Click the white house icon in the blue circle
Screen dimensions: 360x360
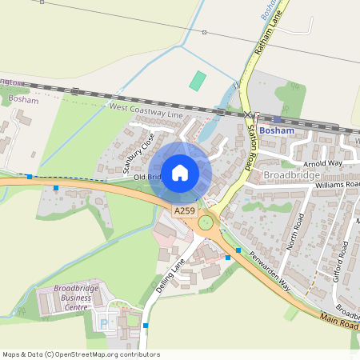click(x=180, y=172)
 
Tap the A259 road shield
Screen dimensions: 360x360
click(x=183, y=211)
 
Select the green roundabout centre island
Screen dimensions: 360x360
click(x=207, y=223)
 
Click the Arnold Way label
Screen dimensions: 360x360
click(x=322, y=162)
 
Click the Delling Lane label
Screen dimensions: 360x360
click(x=170, y=275)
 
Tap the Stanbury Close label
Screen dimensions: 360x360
click(x=138, y=152)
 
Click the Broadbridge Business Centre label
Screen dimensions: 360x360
click(x=71, y=297)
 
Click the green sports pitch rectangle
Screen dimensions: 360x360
click(x=198, y=81)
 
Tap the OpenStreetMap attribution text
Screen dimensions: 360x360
click(x=81, y=354)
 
